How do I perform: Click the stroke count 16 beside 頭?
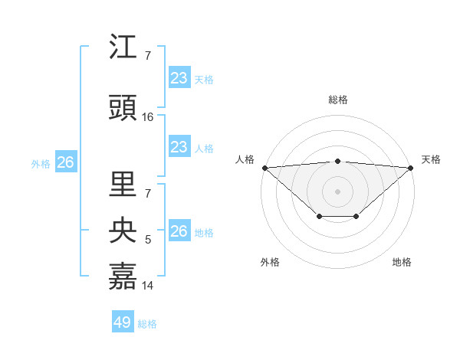point(148,117)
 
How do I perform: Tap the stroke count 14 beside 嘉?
point(148,286)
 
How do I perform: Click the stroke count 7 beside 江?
point(148,56)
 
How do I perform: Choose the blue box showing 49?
point(123,322)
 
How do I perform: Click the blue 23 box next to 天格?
point(179,78)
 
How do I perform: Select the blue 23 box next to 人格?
point(179,147)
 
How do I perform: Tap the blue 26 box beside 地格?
point(179,231)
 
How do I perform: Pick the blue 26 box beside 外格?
point(65,162)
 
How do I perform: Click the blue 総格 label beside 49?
point(147,324)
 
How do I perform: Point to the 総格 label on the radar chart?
point(337,100)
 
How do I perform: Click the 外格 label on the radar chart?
point(270,262)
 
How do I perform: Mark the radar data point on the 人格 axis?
point(264,168)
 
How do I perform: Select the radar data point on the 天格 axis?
point(411,168)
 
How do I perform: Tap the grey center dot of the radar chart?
point(337,191)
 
